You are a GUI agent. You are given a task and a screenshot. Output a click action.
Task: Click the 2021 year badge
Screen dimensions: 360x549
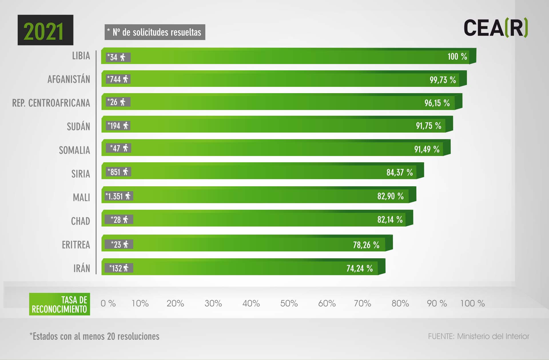pyautogui.click(x=45, y=30)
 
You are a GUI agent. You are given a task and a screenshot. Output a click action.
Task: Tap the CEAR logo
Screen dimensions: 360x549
pyautogui.click(x=496, y=28)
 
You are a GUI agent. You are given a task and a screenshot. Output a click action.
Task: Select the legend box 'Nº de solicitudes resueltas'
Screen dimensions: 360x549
pyautogui.click(x=155, y=32)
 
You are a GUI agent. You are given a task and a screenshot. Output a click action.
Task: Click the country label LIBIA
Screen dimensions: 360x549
pyautogui.click(x=81, y=56)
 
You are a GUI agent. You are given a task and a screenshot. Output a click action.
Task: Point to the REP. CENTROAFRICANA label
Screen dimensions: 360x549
pyautogui.click(x=51, y=103)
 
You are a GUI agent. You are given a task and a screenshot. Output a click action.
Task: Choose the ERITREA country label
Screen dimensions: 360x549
pyautogui.click(x=76, y=245)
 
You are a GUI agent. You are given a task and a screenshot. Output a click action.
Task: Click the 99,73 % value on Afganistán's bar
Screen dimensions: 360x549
pyautogui.click(x=443, y=80)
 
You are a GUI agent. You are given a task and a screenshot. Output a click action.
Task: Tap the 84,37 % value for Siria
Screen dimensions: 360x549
pyautogui.click(x=399, y=172)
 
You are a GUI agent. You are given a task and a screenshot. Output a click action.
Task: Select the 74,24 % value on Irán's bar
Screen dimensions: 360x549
pyautogui.click(x=359, y=268)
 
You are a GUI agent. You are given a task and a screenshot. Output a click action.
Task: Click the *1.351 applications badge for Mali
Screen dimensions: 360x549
pyautogui.click(x=118, y=196)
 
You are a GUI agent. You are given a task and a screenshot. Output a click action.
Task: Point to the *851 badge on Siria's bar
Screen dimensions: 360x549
pyautogui.click(x=118, y=172)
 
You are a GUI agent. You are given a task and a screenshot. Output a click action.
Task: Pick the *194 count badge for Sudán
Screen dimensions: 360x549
pyautogui.click(x=118, y=125)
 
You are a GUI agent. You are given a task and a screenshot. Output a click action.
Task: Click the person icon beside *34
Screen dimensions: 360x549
pyautogui.click(x=123, y=57)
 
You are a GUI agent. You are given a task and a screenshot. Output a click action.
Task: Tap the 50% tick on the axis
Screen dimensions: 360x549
pyautogui.click(x=289, y=303)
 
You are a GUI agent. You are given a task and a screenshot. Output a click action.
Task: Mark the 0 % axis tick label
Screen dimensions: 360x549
pyautogui.click(x=108, y=303)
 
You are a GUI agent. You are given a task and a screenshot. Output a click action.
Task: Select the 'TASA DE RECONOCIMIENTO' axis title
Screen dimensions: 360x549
pyautogui.click(x=59, y=304)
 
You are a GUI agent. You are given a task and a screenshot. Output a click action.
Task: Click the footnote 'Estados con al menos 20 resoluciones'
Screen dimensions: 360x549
pyautogui.click(x=94, y=336)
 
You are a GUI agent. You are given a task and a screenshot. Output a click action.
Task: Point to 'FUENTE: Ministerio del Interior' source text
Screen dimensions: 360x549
pyautogui.click(x=478, y=336)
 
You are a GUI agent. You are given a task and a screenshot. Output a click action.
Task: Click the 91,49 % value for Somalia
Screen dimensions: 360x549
pyautogui.click(x=427, y=149)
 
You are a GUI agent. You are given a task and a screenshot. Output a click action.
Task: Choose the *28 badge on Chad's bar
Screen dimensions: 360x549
pyautogui.click(x=119, y=219)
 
